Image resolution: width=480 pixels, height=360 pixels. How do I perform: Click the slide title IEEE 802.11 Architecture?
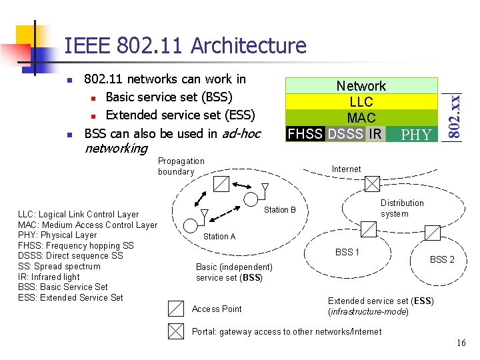click(185, 45)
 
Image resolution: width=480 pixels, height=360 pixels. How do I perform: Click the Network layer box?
click(361, 86)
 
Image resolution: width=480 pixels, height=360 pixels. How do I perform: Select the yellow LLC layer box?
click(361, 102)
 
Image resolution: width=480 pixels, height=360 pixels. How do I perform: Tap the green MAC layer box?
click(361, 118)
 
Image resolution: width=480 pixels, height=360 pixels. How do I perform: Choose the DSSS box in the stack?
click(346, 134)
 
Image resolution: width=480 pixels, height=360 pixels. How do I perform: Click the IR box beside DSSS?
click(375, 134)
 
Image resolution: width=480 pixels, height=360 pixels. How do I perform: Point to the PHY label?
click(417, 135)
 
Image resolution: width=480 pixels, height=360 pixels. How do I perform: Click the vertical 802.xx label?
click(454, 108)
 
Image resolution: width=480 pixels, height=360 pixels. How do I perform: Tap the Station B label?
click(280, 210)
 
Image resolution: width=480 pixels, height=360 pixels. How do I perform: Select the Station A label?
click(219, 237)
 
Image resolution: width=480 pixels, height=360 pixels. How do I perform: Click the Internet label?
click(347, 169)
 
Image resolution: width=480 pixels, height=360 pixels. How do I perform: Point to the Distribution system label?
click(402, 208)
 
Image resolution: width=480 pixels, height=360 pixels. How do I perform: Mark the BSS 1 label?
click(347, 252)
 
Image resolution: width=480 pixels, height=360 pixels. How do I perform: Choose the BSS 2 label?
click(442, 259)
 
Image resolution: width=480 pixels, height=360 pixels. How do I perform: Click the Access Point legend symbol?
click(175, 309)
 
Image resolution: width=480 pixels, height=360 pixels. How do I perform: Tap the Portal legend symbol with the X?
click(175, 331)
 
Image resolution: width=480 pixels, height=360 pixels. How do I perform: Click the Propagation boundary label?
click(181, 166)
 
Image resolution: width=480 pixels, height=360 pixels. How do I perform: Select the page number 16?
click(461, 343)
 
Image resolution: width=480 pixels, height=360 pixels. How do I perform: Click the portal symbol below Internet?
click(372, 183)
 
